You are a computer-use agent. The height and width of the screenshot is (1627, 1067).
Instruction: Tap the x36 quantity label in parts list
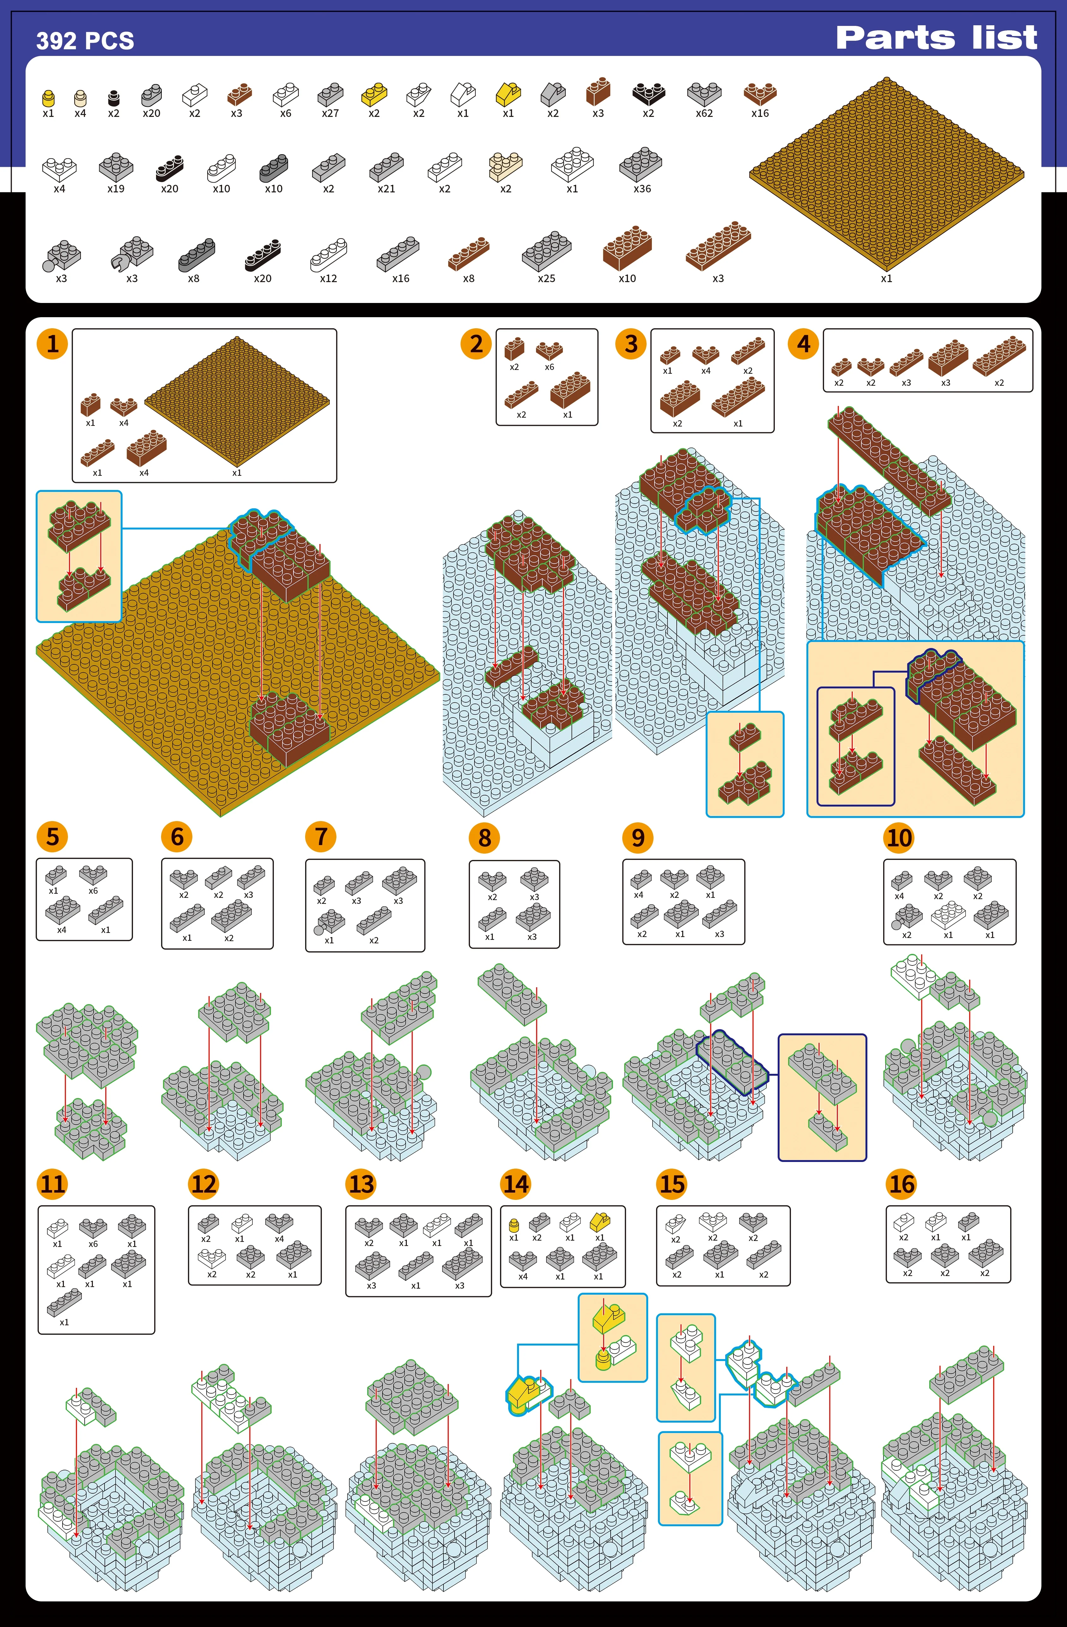click(642, 189)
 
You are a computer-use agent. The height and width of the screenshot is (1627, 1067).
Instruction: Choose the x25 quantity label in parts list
click(546, 278)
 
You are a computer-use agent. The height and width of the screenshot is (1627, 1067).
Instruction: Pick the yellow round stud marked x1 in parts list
click(48, 98)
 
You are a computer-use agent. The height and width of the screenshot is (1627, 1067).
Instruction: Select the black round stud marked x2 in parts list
click(113, 98)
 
